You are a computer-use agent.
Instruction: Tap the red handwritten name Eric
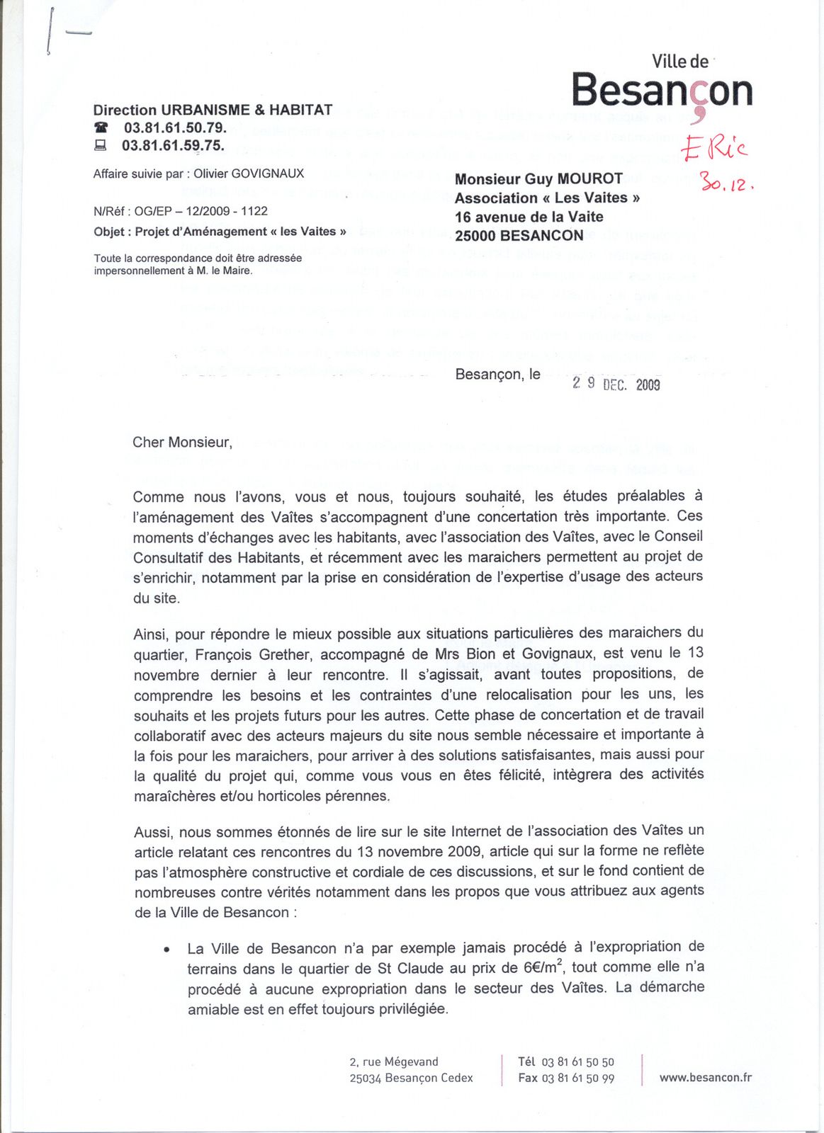[x=713, y=147]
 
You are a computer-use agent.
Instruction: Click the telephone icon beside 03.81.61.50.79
[x=102, y=128]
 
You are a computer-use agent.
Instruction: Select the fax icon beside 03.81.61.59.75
[x=101, y=146]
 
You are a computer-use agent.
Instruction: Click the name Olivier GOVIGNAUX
[x=249, y=173]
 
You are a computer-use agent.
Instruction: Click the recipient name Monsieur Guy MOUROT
[x=538, y=179]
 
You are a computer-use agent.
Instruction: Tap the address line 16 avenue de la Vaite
[x=529, y=217]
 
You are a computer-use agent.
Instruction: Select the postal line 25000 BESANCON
[x=519, y=236]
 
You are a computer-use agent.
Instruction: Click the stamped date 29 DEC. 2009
[x=616, y=384]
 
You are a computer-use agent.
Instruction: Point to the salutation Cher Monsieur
[x=182, y=443]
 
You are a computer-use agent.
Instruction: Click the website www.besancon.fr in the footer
[x=705, y=1078]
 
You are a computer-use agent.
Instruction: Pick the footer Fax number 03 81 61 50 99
[x=577, y=1078]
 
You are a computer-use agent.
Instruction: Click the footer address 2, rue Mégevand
[x=394, y=1061]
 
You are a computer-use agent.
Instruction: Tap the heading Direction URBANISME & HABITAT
[x=213, y=110]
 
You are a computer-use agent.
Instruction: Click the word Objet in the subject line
[x=110, y=232]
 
